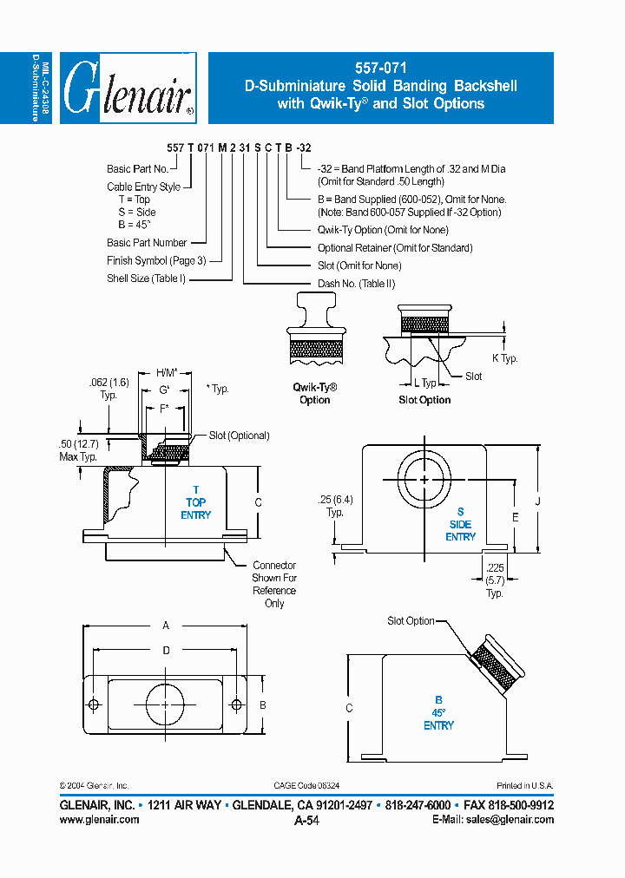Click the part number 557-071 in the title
point(381,68)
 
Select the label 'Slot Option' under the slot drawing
point(424,400)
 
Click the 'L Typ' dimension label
point(424,383)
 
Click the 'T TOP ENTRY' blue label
point(195,502)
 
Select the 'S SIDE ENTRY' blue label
point(460,524)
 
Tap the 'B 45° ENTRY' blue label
point(438,712)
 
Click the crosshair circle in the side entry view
point(424,479)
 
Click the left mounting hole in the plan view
point(94,704)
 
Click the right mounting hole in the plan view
point(235,704)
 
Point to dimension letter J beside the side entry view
point(537,500)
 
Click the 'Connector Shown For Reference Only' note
point(274,584)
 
